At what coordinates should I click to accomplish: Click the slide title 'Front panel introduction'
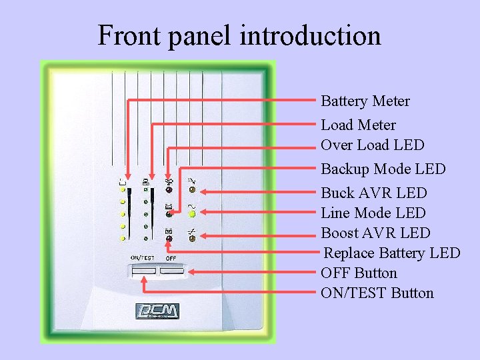(x=239, y=35)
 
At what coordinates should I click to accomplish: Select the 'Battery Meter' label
(x=365, y=101)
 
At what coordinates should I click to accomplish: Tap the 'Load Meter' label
(x=358, y=125)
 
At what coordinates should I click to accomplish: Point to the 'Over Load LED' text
(x=373, y=145)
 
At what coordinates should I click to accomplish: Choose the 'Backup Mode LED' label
(x=383, y=169)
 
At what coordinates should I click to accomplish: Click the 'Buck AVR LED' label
(x=374, y=193)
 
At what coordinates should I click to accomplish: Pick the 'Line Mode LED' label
(x=373, y=213)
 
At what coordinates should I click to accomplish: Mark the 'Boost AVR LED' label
(x=376, y=233)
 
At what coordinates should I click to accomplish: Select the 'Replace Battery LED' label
(x=392, y=253)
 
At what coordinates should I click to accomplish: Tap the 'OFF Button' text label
(x=359, y=273)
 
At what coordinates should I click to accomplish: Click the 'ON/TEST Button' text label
(x=377, y=293)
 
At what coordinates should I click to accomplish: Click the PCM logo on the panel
(x=157, y=311)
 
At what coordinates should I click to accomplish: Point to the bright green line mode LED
(x=192, y=214)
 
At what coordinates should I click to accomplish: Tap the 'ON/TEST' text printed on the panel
(x=143, y=257)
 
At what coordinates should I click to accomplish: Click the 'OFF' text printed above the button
(x=171, y=257)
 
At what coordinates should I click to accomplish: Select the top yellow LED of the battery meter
(x=123, y=190)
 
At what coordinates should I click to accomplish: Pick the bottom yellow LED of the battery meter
(x=123, y=238)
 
